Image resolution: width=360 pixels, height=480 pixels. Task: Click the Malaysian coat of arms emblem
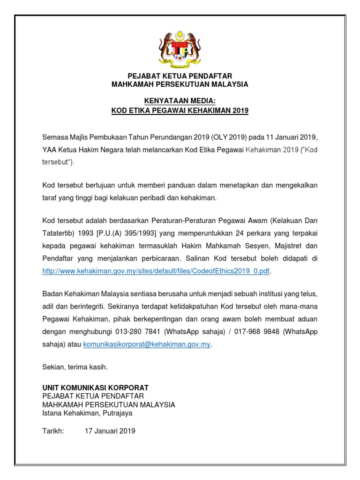point(180,47)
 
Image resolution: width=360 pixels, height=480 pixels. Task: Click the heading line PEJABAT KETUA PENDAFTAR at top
point(180,76)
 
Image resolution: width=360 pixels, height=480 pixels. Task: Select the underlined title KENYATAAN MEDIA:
point(180,102)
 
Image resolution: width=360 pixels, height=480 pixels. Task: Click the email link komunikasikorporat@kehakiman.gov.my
point(147,344)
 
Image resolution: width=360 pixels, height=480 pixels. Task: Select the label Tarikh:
point(52,431)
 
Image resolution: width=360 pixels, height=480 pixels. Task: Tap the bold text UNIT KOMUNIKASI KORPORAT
point(95,388)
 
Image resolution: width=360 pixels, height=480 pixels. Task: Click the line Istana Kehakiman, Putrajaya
point(87,413)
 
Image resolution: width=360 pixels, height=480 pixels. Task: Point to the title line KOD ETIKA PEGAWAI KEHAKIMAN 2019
point(180,111)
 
